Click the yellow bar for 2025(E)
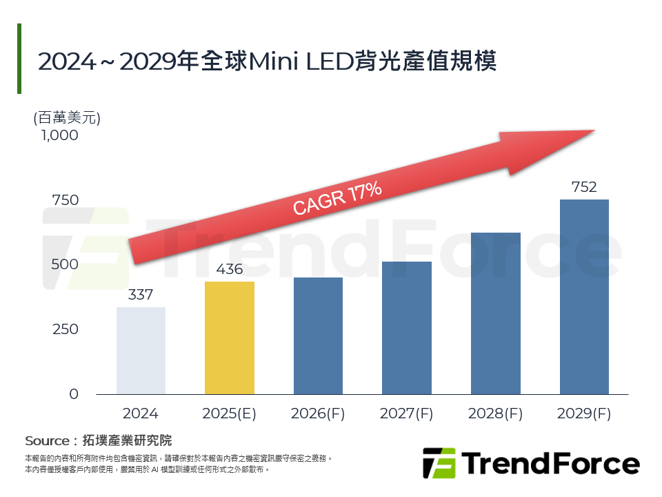point(230,338)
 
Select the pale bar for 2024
point(141,351)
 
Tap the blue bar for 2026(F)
point(318,335)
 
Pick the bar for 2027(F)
point(407,328)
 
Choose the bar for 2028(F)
point(495,313)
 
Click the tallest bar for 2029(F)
point(584,297)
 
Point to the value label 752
point(584,187)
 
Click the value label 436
point(230,269)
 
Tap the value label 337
point(141,295)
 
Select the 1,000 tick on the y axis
point(59,135)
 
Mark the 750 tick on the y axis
point(65,200)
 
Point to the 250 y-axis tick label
point(65,329)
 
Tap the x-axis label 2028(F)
point(495,414)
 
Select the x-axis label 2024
point(141,414)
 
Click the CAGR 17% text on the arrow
point(337,199)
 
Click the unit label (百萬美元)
point(67,117)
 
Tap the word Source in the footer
point(47,440)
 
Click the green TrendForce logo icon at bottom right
point(439,463)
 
